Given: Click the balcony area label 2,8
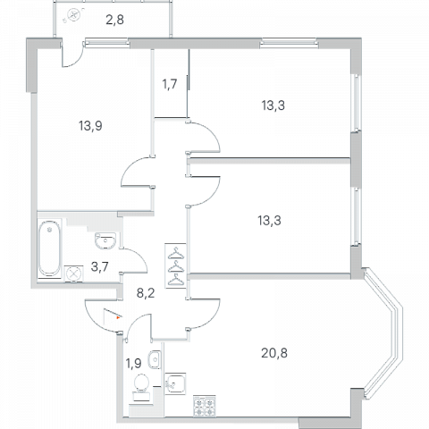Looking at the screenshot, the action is click(114, 20).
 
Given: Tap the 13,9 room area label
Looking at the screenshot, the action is click(90, 126).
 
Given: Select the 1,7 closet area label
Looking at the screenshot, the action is click(170, 84).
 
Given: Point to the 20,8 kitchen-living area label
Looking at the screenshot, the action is click(274, 353).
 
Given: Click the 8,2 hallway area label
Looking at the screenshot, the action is click(146, 293).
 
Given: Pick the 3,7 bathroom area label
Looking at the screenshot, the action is click(99, 266).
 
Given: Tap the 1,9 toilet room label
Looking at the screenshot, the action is click(133, 364).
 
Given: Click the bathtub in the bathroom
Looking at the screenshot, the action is click(49, 248).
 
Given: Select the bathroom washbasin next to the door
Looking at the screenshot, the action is click(105, 240).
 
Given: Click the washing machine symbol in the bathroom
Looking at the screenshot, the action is click(73, 273).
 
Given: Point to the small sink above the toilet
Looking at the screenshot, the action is click(155, 359).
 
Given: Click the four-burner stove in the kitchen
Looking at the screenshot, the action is click(205, 407).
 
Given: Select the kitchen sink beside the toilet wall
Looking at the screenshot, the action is click(175, 383).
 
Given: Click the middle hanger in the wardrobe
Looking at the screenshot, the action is click(176, 267).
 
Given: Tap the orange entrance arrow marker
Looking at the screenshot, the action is click(119, 318).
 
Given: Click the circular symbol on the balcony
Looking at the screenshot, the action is click(73, 14).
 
